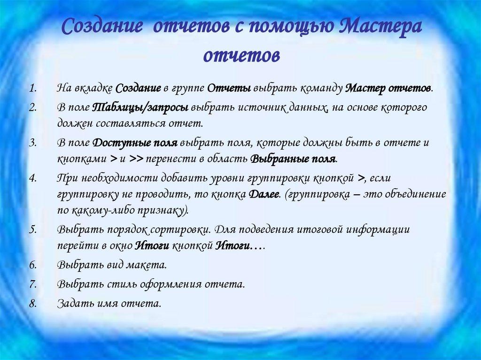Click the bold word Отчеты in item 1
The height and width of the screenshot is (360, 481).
point(230,89)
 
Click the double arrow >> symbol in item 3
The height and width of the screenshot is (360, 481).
point(136,159)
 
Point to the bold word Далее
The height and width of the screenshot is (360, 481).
point(263,194)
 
